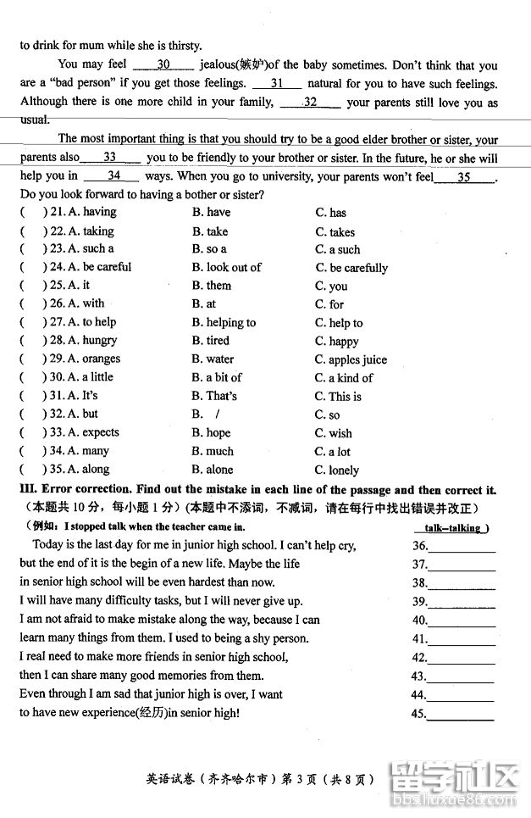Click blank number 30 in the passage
pos(164,65)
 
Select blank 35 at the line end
pos(464,177)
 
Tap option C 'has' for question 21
pos(330,213)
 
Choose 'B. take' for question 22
pos(210,231)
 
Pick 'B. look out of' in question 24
pos(226,268)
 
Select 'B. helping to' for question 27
pos(224,323)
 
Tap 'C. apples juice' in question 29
pos(351,360)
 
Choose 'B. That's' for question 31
pos(214,396)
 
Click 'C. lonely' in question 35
pos(337,470)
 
